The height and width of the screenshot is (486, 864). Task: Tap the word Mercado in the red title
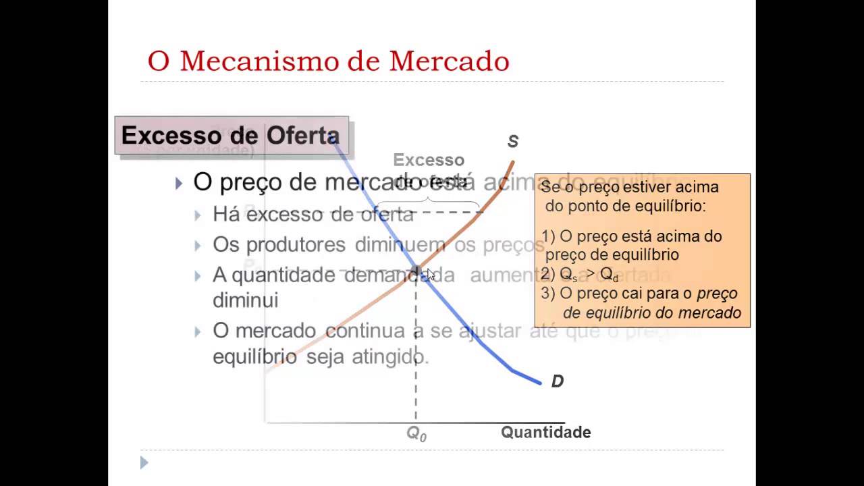pyautogui.click(x=449, y=61)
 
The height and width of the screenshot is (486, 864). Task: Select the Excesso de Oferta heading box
pyautogui.click(x=231, y=136)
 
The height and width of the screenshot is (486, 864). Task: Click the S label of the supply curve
pyautogui.click(x=513, y=142)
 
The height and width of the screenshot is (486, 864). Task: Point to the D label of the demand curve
pyautogui.click(x=557, y=381)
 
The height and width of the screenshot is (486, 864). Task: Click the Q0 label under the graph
pyautogui.click(x=416, y=434)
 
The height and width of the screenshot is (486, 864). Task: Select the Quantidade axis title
pyautogui.click(x=545, y=433)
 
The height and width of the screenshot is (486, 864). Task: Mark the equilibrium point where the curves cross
pyautogui.click(x=416, y=270)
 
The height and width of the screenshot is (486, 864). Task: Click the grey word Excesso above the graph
pyautogui.click(x=429, y=160)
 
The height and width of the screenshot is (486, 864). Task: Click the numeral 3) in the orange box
pyautogui.click(x=547, y=294)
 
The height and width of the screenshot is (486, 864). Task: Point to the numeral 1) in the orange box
pyautogui.click(x=547, y=237)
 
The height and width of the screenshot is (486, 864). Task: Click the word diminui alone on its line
pyautogui.click(x=245, y=300)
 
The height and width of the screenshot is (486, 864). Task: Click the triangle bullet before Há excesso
pyautogui.click(x=198, y=215)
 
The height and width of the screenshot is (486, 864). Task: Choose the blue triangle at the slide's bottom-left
pyautogui.click(x=144, y=462)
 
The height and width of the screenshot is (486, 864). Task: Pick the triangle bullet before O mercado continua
pyautogui.click(x=198, y=331)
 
